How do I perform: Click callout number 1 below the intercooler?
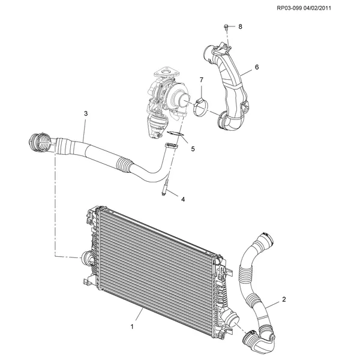coord(132,326)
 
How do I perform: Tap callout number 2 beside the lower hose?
coord(284,299)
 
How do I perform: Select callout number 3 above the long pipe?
coord(86,113)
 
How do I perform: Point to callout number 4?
coord(183,199)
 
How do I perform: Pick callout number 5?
coord(193,149)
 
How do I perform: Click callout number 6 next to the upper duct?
coord(257,67)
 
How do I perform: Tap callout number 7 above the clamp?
coord(202,80)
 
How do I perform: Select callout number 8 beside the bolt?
coord(240,26)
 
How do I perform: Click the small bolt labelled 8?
coord(226,27)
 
